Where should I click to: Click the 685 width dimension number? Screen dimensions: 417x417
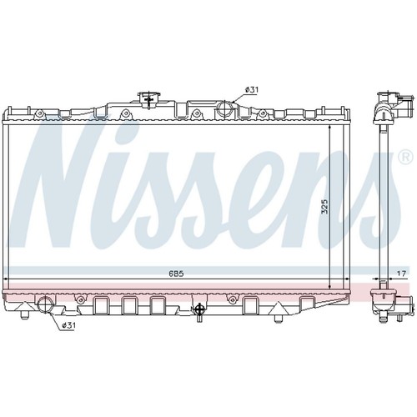pos(176,274)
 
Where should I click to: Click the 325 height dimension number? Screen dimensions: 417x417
pos(324,206)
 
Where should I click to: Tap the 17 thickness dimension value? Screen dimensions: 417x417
pos(401,274)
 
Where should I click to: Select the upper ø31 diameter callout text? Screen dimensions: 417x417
pos(252,89)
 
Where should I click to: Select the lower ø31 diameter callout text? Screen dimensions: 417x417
pos(68,325)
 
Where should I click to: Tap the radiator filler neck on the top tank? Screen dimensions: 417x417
pos(148,99)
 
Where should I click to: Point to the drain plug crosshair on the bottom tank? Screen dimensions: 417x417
pos(199,309)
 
